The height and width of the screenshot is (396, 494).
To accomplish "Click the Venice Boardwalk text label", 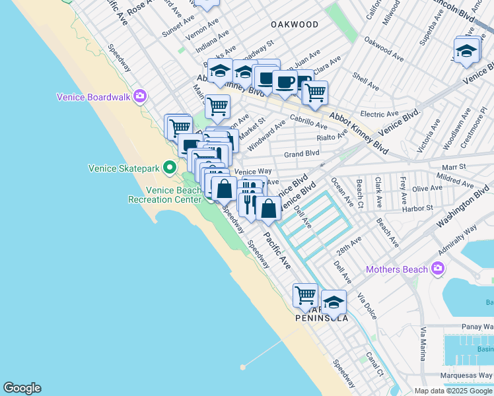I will pyautogui.click(x=94, y=97).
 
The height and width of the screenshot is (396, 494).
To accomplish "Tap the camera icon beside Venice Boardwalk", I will pyautogui.click(x=139, y=96).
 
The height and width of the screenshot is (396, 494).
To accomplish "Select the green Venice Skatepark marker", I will pyautogui.click(x=170, y=168).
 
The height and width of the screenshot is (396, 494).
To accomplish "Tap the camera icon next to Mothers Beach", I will pyautogui.click(x=437, y=268).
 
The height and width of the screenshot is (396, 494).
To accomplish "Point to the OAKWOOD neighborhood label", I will pyautogui.click(x=295, y=24).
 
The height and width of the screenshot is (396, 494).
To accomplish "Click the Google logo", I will pyautogui.click(x=22, y=388).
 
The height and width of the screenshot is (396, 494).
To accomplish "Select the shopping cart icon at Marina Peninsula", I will pyautogui.click(x=305, y=296).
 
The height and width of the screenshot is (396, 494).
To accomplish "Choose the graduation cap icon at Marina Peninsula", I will pyautogui.click(x=334, y=302).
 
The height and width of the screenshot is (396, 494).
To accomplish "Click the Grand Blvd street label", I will pyautogui.click(x=301, y=154).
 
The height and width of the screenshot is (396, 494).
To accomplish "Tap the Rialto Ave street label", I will pyautogui.click(x=332, y=137).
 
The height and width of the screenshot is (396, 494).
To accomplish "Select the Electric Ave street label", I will pyautogui.click(x=378, y=114).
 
